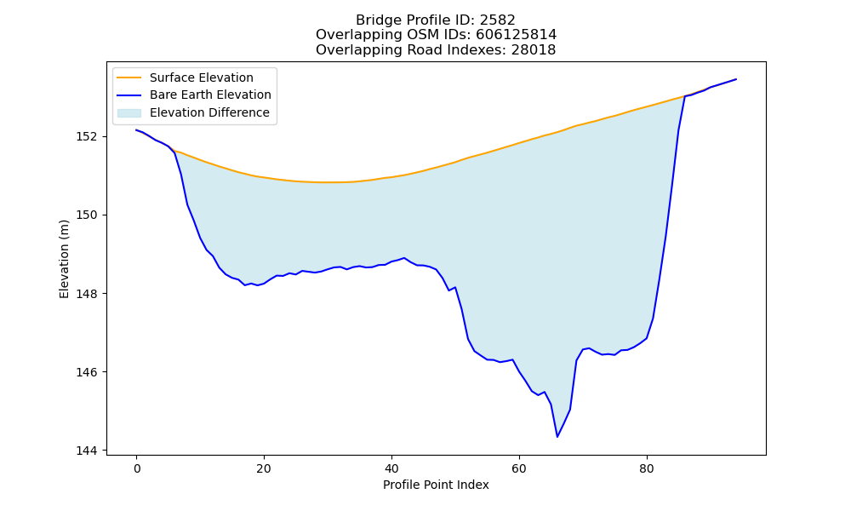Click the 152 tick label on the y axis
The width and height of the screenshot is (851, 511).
point(87,136)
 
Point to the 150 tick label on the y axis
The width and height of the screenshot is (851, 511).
point(87,215)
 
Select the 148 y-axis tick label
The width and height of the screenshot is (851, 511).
point(87,294)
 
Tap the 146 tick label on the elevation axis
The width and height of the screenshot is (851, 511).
point(87,372)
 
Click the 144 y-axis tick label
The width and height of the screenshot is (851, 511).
point(87,451)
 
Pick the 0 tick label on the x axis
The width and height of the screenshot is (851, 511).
point(137,468)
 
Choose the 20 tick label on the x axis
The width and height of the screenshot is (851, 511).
point(264,468)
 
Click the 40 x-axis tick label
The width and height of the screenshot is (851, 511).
point(391,468)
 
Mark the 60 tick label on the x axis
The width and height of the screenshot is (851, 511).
point(519,468)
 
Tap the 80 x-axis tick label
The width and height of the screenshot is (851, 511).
point(647,468)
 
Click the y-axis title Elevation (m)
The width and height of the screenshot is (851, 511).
point(64,259)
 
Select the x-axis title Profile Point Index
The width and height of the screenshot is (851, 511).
point(436,485)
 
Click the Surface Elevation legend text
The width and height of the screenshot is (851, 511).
point(202,78)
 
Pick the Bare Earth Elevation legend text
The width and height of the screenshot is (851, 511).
point(210,95)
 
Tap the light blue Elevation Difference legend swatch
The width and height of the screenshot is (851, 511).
point(129,112)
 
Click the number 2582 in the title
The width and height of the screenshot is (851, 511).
point(498,20)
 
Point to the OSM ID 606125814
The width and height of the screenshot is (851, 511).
point(517,35)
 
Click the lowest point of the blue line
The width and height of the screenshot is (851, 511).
point(557,437)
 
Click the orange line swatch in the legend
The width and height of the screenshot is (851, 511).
point(129,78)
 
